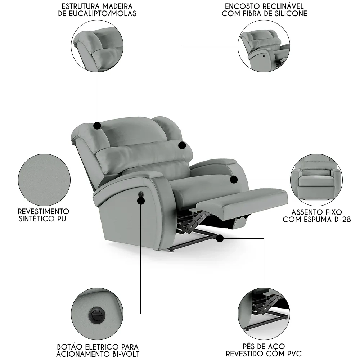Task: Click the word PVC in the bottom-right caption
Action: [x=292, y=354]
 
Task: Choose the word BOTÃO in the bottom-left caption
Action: [x=69, y=347]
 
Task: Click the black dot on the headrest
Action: [x=97, y=125]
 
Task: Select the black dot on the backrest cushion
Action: [x=182, y=145]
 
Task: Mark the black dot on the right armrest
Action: [x=234, y=179]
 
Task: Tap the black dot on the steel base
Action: [x=220, y=238]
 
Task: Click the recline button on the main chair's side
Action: [x=141, y=195]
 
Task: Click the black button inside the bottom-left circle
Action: [x=96, y=314]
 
